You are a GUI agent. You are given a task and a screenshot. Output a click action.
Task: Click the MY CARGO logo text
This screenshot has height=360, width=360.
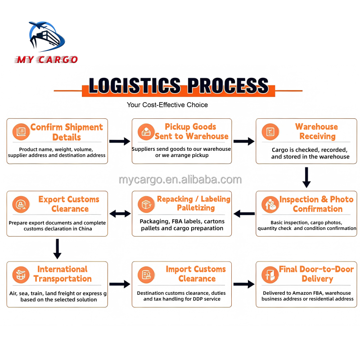[46, 59]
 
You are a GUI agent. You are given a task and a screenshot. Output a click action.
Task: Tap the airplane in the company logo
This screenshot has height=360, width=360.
[38, 25]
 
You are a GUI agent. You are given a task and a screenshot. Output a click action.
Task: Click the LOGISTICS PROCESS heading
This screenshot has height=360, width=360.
[179, 85]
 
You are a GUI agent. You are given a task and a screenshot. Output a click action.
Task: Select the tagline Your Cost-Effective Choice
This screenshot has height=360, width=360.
[167, 105]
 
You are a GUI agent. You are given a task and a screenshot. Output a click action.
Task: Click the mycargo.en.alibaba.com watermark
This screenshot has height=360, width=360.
[180, 180]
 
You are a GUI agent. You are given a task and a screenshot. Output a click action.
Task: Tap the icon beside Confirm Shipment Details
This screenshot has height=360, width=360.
[21, 131]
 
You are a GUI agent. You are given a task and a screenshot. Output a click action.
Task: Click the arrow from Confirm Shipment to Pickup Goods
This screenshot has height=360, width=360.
[120, 141]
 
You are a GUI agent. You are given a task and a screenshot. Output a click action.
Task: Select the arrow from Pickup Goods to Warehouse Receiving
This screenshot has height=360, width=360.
[244, 141]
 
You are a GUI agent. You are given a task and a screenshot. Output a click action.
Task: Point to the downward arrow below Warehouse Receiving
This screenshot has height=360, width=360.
[306, 177]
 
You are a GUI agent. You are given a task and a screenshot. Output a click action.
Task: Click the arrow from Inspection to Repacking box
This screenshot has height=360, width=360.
[244, 214]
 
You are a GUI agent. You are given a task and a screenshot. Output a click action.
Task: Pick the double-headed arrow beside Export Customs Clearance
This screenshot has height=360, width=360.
[120, 214]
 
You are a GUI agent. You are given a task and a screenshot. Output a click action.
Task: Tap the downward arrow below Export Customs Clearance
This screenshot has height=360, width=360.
[57, 249]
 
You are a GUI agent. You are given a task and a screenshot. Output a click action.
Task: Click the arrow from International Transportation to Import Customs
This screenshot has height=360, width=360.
[120, 284]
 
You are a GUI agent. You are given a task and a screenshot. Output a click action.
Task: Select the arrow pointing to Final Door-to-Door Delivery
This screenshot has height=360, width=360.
[244, 284]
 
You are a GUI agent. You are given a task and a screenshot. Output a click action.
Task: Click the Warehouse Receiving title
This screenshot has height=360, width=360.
[317, 131]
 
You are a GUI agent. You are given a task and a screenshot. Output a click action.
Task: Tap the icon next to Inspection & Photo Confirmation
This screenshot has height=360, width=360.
[270, 204]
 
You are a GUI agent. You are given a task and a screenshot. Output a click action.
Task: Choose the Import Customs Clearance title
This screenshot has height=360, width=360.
[196, 274]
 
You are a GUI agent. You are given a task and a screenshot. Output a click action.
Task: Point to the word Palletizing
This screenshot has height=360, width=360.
[196, 208]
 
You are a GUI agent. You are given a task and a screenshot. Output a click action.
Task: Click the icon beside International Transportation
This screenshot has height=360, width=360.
[21, 275]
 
